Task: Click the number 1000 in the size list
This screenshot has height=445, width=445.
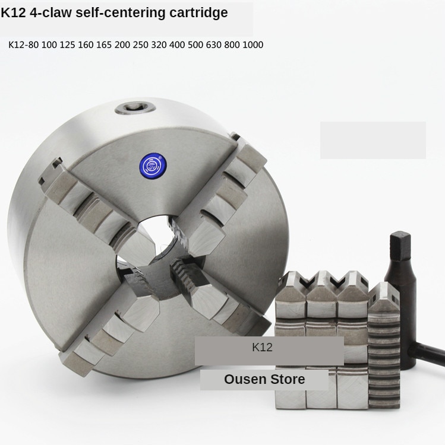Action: pos(253,44)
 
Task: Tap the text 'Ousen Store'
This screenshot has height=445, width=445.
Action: pos(264,379)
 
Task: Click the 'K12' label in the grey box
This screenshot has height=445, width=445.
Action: pos(262,348)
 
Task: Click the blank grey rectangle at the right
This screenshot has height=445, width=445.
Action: pos(373,140)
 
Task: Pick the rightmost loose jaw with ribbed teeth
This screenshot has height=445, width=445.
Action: pos(384,350)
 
